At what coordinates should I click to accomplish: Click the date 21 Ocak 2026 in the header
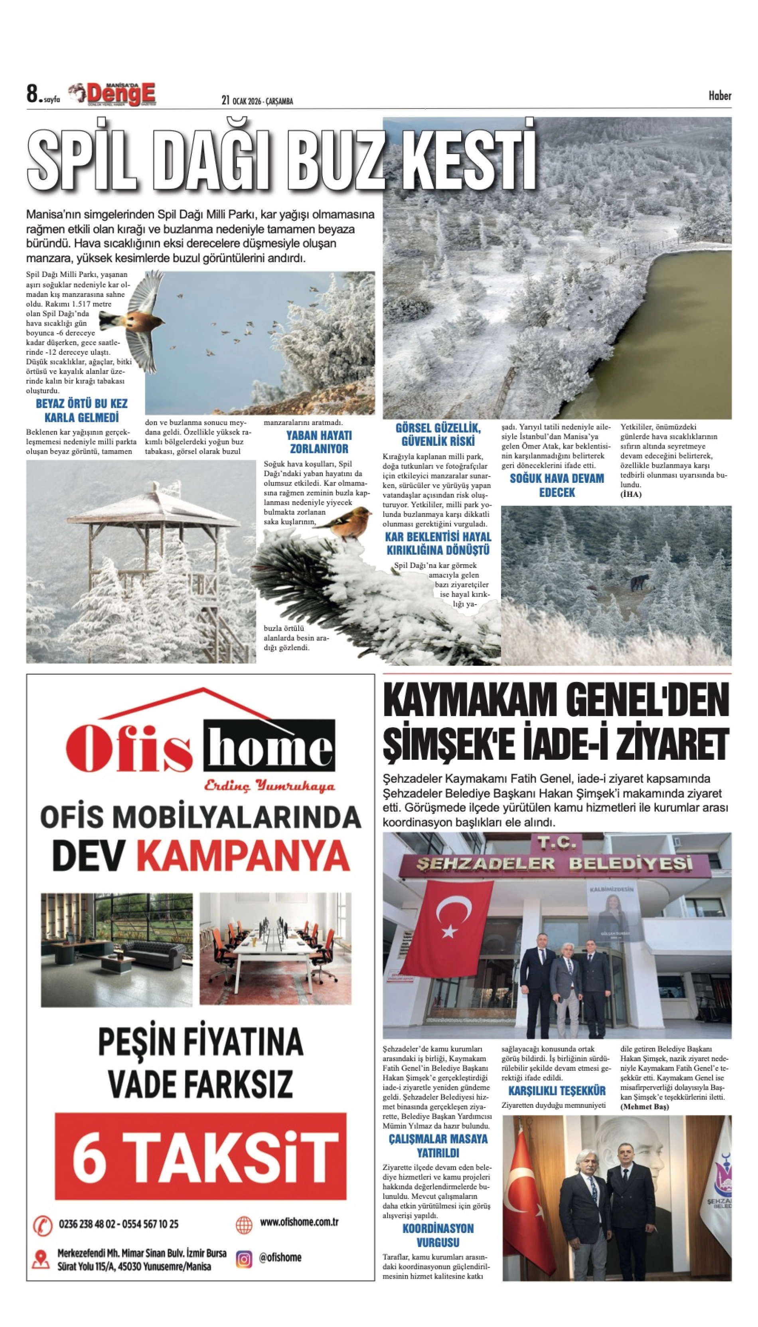click(x=257, y=101)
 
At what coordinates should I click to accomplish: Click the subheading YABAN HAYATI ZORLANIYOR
click(x=319, y=442)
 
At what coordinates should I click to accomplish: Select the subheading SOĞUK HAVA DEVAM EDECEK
click(x=557, y=485)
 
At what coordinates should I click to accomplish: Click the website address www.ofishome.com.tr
click(x=299, y=1222)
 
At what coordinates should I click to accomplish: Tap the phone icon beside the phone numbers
click(x=43, y=1224)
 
